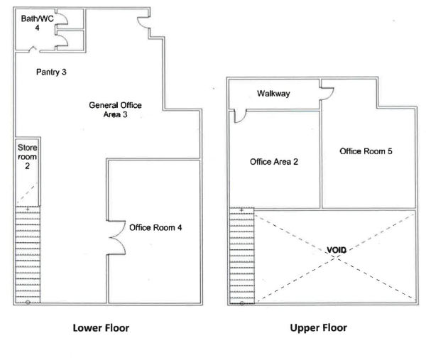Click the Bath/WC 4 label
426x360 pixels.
[37, 23]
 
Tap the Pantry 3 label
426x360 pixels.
[51, 72]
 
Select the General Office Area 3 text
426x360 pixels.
[115, 110]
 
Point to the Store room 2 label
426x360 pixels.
[27, 157]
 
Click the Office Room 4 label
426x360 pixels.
[155, 227]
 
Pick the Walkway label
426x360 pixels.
[273, 94]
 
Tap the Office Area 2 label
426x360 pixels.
[274, 162]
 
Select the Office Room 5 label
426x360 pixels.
[366, 151]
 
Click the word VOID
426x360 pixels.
[337, 250]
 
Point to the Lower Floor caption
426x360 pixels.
[101, 328]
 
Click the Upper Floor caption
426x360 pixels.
[318, 327]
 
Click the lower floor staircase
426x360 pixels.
[28, 255]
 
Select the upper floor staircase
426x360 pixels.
[242, 256]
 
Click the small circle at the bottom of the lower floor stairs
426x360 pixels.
[28, 302]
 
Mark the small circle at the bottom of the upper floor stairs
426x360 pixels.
[242, 303]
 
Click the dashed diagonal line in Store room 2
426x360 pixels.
[27, 194]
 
